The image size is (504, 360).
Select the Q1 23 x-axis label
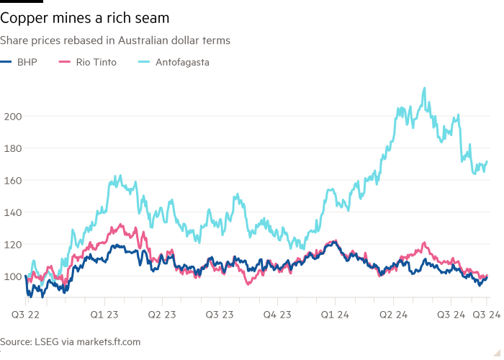point(105,315)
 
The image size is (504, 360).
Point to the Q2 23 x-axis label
point(162,315)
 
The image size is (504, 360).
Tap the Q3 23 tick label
point(219,315)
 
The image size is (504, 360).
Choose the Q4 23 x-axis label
point(277,315)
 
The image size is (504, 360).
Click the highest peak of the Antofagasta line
point(424,88)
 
